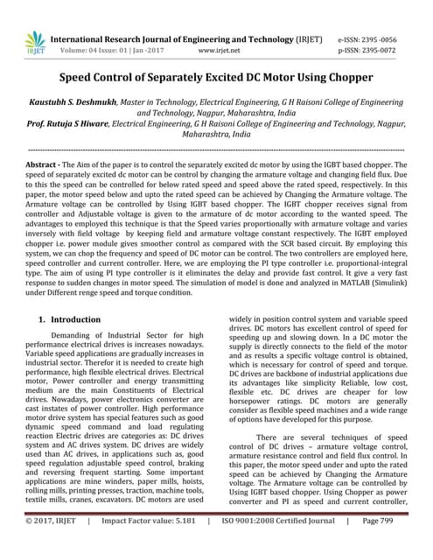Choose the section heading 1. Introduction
tap(70, 319)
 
